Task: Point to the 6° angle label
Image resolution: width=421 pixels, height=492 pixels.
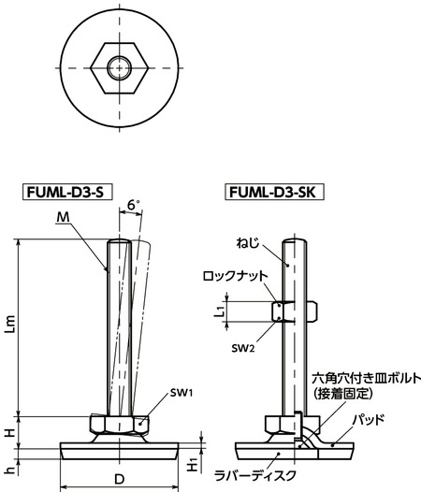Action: click(134, 202)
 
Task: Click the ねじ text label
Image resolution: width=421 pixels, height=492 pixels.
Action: click(263, 240)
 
